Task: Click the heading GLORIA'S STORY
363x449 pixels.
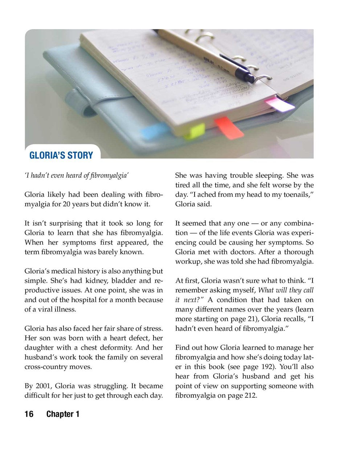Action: pos(61,155)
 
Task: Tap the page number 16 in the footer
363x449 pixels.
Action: pos(29,414)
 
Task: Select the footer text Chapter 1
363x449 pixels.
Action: pos(63,414)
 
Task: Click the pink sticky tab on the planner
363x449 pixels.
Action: pos(280,105)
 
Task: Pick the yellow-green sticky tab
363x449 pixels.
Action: pos(195,131)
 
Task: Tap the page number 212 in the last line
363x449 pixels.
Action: pos(249,395)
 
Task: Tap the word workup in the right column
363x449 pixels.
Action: pos(188,261)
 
